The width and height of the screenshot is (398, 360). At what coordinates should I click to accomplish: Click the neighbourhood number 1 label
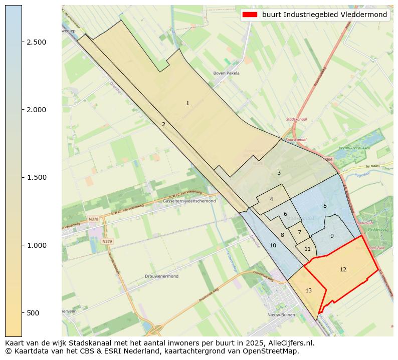[x=187, y=104]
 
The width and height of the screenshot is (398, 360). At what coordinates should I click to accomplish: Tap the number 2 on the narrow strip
[x=163, y=124]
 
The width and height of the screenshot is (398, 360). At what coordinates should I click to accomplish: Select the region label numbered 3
[x=279, y=173]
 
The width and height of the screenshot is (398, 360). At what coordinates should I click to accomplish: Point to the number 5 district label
[x=271, y=199]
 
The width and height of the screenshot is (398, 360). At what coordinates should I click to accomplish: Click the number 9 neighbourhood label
[x=325, y=206]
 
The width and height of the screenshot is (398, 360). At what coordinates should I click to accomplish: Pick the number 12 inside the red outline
[x=285, y=214]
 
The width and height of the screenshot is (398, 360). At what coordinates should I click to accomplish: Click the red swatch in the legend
[x=250, y=15]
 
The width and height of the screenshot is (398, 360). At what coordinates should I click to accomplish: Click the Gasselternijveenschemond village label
[x=189, y=201]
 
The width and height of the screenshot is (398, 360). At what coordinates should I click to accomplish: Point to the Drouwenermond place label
[x=161, y=276]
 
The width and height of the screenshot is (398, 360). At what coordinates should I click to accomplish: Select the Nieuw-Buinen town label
[x=280, y=315]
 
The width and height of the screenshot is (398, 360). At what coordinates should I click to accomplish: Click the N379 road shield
[x=107, y=241]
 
